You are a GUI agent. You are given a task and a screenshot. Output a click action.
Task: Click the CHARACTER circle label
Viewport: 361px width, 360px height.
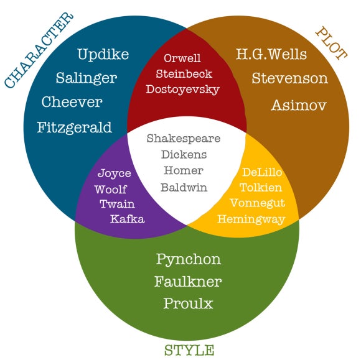point(39,50)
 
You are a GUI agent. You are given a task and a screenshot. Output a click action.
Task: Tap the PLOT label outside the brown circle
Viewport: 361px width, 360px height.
point(332,44)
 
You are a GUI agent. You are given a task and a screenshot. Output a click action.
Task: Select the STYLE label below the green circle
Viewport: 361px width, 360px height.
point(189,350)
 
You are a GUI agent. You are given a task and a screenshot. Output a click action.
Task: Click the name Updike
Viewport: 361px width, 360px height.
point(103,55)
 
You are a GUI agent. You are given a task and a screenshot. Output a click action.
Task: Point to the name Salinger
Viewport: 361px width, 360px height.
point(87,79)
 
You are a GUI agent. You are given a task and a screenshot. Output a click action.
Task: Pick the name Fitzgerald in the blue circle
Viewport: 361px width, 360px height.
point(74,127)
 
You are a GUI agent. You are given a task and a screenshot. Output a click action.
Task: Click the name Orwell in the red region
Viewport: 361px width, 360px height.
point(182,58)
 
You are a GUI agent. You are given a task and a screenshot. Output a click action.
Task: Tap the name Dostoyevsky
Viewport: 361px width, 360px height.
point(182,90)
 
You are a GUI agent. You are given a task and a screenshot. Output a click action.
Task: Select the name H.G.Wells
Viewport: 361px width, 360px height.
point(271,54)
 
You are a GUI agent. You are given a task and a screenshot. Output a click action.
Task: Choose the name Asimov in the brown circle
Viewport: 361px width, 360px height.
point(299,105)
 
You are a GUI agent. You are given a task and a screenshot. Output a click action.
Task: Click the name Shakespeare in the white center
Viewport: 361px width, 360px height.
point(184,139)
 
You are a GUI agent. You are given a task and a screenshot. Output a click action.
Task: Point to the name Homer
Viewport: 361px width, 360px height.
point(184,170)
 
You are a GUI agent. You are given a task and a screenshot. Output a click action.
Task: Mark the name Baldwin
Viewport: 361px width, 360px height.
point(184,187)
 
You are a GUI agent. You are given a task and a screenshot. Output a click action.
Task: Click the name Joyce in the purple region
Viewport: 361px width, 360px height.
point(114,173)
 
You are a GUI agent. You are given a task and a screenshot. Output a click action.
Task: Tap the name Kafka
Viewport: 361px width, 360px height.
point(128,219)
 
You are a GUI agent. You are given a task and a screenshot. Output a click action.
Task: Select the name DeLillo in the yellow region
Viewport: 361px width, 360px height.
point(262,172)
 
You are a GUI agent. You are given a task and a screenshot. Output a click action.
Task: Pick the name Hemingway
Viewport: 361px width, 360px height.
point(251,219)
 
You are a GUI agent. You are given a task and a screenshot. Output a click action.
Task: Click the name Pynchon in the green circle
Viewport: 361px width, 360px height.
point(189,260)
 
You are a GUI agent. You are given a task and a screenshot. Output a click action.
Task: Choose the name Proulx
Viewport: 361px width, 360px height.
point(188,303)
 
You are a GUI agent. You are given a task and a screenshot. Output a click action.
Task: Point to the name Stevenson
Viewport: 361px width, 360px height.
point(289,78)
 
